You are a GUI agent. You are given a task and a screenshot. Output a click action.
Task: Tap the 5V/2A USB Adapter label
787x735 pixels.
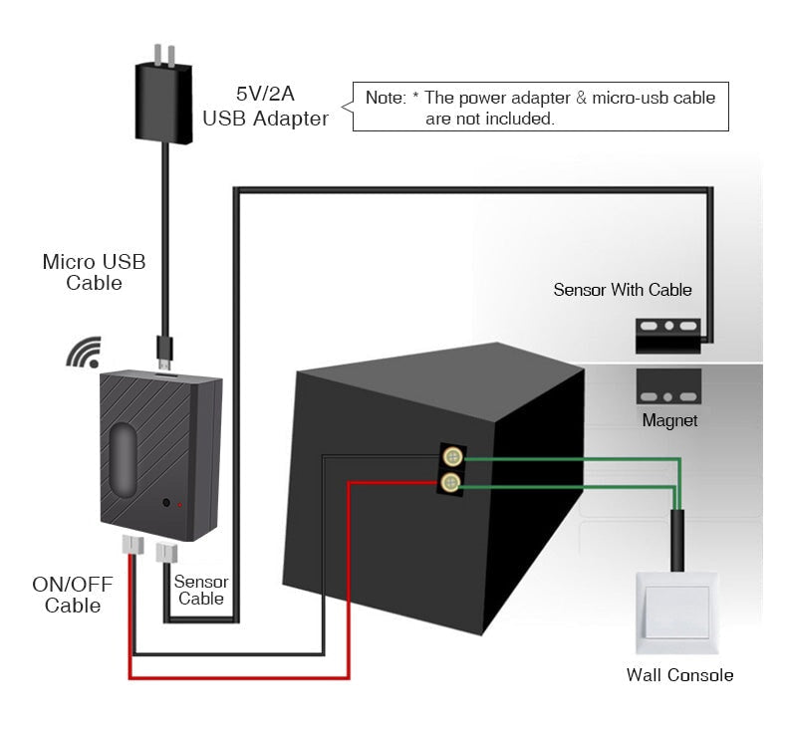click(x=265, y=108)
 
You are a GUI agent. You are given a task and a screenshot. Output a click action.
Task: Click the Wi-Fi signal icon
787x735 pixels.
click(x=83, y=352)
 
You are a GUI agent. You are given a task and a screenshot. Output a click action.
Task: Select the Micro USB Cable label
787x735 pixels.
click(x=94, y=272)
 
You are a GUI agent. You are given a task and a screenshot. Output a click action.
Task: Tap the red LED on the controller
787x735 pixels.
click(x=180, y=505)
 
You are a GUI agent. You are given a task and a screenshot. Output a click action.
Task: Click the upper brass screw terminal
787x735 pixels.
click(x=452, y=458)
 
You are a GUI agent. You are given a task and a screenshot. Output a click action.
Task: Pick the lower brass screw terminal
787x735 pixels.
click(x=452, y=484)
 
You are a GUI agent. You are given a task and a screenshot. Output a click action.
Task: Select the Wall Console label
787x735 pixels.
click(x=679, y=675)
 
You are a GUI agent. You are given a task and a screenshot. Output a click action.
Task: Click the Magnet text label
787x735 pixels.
click(x=669, y=420)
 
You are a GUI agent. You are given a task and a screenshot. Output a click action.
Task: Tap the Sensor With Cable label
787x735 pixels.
click(x=623, y=290)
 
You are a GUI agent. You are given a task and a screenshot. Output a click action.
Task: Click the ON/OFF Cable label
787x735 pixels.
click(x=72, y=595)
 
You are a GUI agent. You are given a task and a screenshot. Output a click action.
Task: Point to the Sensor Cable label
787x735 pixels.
click(x=201, y=590)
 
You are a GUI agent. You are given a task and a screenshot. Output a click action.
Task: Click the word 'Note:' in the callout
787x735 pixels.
click(x=386, y=99)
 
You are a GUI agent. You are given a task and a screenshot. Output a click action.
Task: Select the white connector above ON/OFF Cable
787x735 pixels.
click(x=132, y=546)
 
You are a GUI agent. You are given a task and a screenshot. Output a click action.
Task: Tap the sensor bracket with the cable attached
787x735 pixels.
click(x=668, y=333)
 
